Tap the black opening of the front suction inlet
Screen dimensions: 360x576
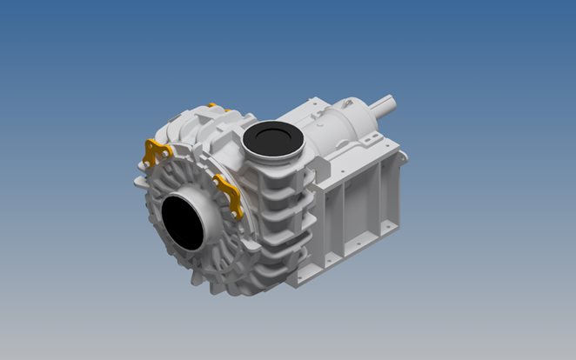(x=181, y=220)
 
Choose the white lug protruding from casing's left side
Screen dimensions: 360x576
(x=139, y=183)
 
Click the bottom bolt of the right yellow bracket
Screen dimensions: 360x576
(x=236, y=213)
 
